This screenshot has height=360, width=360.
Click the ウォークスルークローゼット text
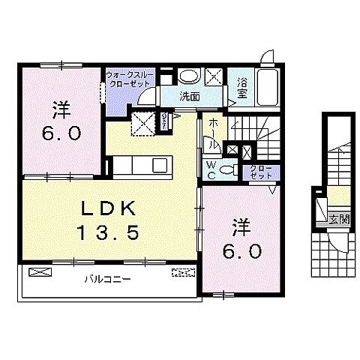(131, 80)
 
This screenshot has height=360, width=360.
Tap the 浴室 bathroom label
(242, 88)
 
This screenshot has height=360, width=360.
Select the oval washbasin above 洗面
(190, 76)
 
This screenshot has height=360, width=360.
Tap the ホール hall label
(214, 131)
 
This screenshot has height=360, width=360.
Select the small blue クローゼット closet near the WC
(261, 172)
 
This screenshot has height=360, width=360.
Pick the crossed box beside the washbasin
(214, 76)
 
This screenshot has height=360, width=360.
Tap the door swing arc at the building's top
(268, 58)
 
